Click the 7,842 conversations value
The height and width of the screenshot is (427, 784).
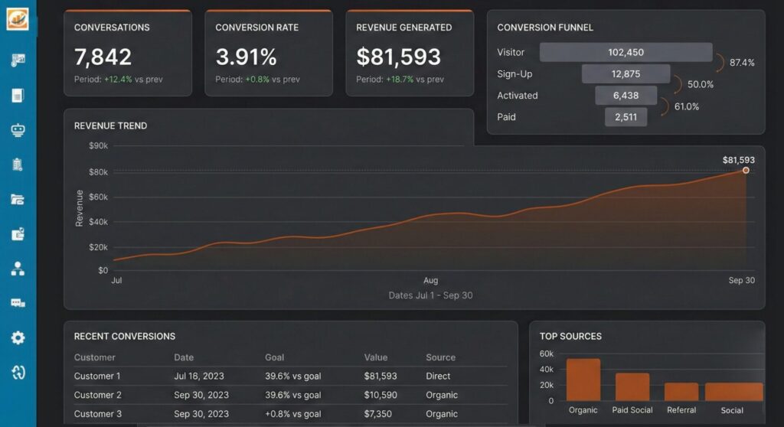[x=103, y=57]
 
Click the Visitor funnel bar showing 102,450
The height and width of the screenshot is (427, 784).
[x=626, y=52]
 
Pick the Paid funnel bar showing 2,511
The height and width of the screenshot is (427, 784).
[x=626, y=117]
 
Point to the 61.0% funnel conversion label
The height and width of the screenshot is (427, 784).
[x=687, y=106]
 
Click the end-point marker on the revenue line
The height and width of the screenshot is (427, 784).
[x=746, y=171]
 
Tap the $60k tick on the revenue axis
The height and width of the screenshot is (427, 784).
[x=99, y=197]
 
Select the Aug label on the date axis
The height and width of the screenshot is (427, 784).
[x=431, y=280]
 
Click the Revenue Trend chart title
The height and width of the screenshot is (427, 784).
[x=110, y=125]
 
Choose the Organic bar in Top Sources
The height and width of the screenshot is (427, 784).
[x=583, y=380]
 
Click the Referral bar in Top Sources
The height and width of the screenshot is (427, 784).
[x=681, y=392]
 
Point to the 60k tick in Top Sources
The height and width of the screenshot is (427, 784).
[x=546, y=354]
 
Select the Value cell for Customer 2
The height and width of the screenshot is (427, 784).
[x=381, y=395]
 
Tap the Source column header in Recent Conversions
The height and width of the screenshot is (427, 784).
[x=440, y=357]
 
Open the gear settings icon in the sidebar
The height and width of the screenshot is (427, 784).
[x=18, y=337]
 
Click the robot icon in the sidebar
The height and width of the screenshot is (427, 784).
[x=18, y=129]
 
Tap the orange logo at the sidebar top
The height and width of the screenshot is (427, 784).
[x=18, y=18]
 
